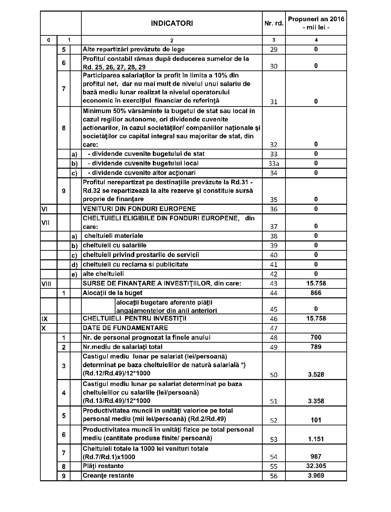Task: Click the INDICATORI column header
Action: point(172,23)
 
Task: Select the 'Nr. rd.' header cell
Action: point(274,23)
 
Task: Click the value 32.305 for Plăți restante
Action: point(316,466)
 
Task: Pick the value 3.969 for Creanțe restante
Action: point(316,475)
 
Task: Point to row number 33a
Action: point(274,163)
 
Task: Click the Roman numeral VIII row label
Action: point(46,283)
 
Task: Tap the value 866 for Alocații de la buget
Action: point(316,293)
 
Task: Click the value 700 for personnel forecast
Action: point(316,337)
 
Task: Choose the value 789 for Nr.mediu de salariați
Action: point(316,347)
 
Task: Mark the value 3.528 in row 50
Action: point(316,374)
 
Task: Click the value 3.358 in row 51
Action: point(316,401)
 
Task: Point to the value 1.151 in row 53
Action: point(316,439)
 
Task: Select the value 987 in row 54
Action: point(316,456)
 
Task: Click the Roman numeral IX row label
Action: point(44,319)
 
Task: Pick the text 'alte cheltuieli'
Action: point(103,274)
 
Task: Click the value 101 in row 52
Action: point(316,420)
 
